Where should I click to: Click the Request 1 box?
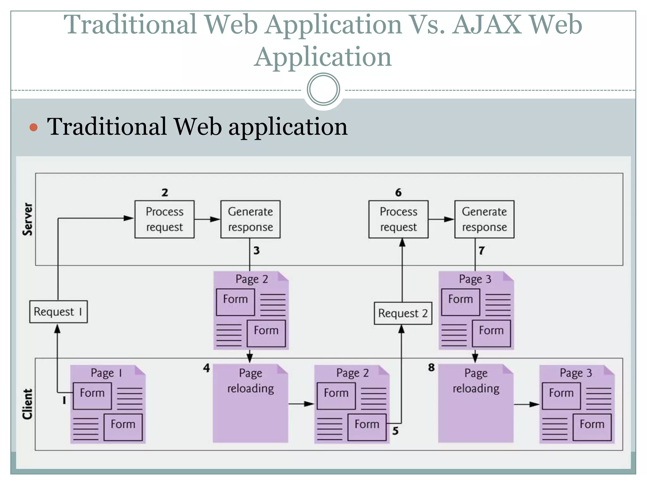58,312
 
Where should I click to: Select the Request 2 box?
403,313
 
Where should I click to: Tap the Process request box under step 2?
164,219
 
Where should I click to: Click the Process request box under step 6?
398,219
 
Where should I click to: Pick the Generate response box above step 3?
250,219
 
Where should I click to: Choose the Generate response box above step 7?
484,219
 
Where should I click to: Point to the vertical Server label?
28,219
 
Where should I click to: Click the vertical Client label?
28,404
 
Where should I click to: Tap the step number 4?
206,368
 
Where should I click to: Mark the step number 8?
431,367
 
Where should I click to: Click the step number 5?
395,431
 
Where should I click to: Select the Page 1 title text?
106,373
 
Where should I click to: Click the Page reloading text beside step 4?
251,381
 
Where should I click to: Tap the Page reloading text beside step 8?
476,381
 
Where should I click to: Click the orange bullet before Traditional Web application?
33,127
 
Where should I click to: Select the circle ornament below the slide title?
323,89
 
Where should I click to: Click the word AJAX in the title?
487,24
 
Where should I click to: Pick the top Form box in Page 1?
92,396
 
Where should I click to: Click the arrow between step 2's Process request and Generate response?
207,219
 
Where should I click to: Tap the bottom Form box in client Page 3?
592,427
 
